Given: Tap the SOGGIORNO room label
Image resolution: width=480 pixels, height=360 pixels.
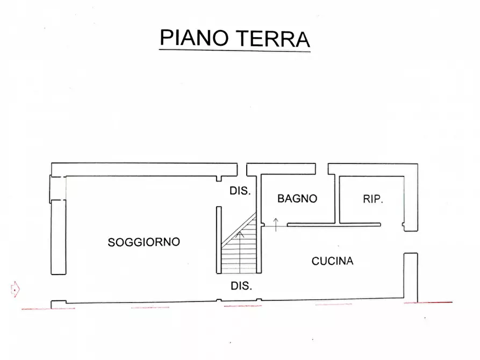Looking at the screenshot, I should coord(144,242).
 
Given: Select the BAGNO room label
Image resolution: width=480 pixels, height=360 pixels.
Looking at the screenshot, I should coord(297,199).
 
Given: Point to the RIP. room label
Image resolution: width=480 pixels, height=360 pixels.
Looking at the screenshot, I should coord(372,199).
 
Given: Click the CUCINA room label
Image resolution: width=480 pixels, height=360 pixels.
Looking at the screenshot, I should coord(332,262).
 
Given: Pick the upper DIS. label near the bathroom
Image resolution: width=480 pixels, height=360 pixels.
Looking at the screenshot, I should coord(240,191).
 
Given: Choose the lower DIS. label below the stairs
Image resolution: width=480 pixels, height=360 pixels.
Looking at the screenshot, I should coord(241,286).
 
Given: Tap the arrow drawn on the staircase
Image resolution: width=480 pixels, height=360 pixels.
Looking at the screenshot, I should coord(240,234).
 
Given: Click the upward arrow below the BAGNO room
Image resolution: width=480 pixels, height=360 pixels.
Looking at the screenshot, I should coord(276,224).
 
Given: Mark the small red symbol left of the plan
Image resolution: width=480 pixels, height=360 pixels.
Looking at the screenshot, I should coord(16,289).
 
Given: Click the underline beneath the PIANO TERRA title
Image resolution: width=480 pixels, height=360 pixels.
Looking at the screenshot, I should coord(235,51).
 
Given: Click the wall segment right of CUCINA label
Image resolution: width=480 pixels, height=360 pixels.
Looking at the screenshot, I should coord(410,277).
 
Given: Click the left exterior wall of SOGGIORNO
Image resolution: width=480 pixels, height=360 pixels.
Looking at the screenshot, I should coord(56,236).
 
